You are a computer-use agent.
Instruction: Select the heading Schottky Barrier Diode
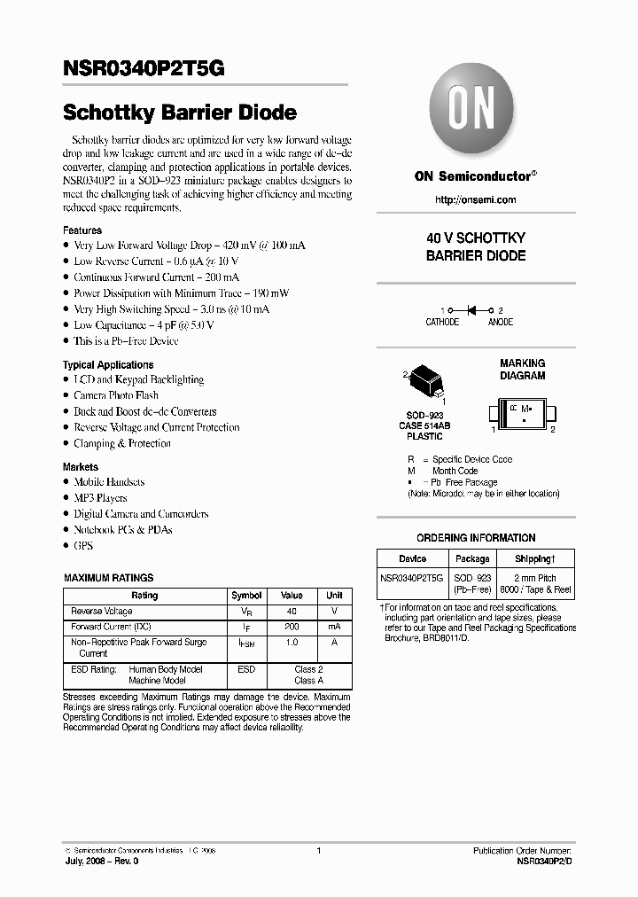179,113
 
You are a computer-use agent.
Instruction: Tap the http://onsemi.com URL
475,199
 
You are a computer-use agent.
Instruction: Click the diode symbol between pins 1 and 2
471,309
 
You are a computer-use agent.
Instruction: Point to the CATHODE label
442,323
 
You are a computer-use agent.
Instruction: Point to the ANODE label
500,323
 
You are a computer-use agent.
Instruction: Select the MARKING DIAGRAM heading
522,370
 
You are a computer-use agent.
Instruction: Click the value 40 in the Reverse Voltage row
292,612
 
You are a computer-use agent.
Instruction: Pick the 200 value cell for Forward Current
292,627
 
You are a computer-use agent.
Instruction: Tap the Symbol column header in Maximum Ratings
246,596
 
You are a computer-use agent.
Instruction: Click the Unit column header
334,596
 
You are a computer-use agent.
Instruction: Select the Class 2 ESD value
308,669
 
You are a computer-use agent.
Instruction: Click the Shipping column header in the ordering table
535,559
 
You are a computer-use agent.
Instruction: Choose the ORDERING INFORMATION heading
476,538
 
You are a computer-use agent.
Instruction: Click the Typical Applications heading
107,364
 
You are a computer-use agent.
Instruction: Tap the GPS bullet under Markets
83,546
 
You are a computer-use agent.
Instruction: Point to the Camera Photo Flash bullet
116,395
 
